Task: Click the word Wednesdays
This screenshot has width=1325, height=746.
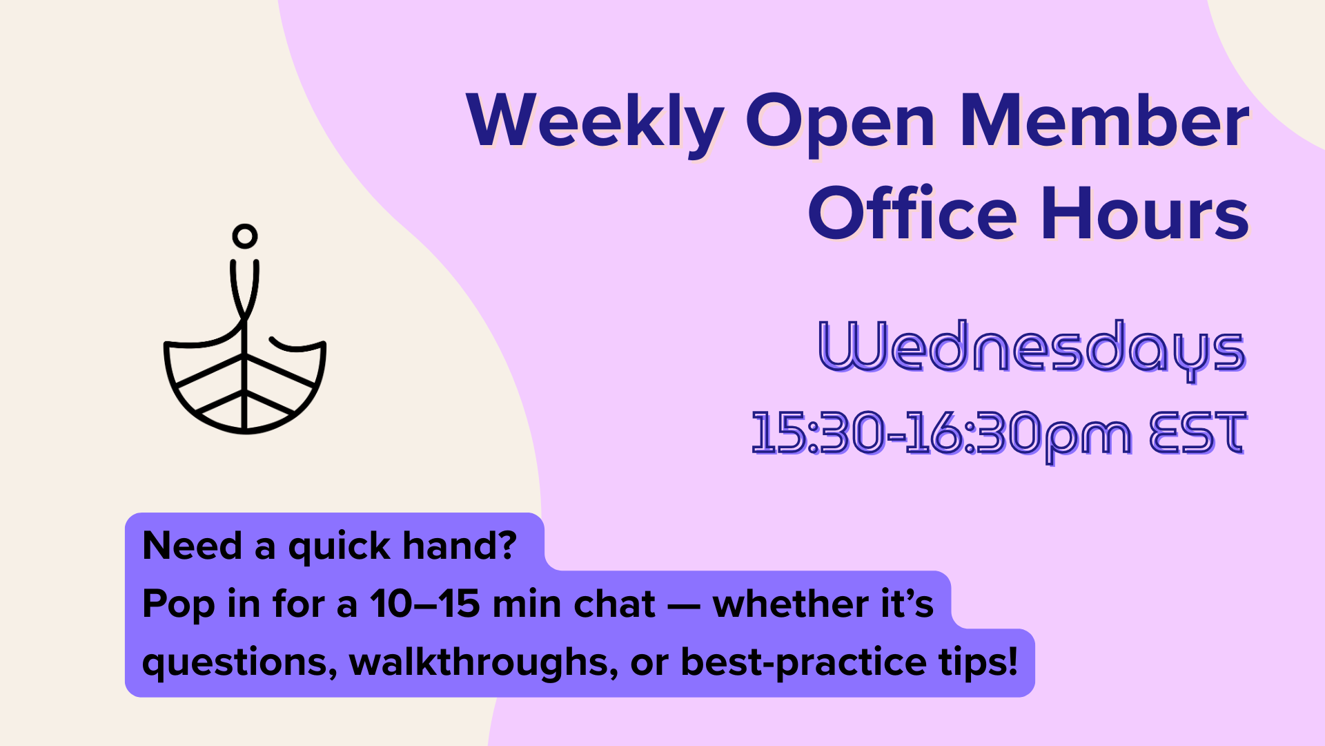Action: click(x=1032, y=348)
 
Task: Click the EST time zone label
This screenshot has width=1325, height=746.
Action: click(x=1198, y=432)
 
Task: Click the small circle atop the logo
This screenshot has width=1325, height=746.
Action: click(x=245, y=236)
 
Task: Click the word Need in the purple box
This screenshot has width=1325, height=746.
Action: click(x=192, y=546)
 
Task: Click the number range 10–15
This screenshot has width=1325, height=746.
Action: click(x=425, y=604)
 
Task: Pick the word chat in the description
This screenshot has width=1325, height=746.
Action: click(x=614, y=604)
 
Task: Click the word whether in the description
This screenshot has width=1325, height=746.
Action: click(x=790, y=604)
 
